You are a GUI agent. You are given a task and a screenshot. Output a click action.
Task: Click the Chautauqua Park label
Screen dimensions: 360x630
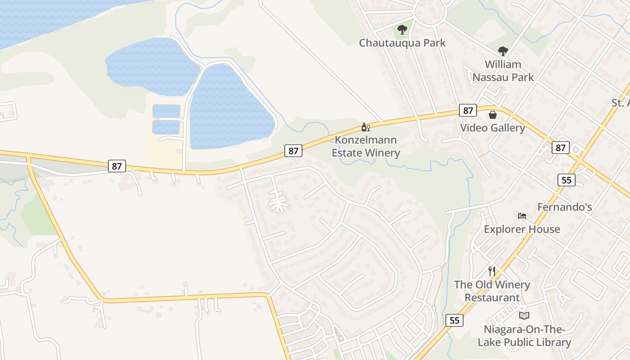pos(402,43)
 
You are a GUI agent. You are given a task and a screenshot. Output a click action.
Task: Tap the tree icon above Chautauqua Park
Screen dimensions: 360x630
pos(402,30)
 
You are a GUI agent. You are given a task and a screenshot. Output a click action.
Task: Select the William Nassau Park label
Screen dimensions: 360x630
pos(503,71)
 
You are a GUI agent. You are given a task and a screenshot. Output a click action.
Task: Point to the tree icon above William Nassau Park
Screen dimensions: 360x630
pos(503,51)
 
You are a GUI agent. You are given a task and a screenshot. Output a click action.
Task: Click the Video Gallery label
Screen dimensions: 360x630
pos(492,128)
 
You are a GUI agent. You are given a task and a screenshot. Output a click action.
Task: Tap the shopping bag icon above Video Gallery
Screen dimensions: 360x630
pos(493,115)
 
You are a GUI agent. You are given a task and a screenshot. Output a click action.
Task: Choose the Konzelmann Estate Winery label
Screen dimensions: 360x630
pos(366,146)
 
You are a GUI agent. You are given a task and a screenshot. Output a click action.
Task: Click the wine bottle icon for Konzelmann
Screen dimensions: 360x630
pos(365,127)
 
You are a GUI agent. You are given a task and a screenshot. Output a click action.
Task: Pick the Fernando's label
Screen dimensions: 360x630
pos(565,207)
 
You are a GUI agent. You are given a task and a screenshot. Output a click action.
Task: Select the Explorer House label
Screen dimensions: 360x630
pos(522,229)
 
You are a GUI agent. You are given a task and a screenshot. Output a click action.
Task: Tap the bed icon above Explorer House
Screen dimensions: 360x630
pos(522,216)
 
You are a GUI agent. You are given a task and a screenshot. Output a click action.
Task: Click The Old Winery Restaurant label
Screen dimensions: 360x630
pos(492,291)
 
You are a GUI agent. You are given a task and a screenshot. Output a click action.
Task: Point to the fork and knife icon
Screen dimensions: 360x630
pos(492,271)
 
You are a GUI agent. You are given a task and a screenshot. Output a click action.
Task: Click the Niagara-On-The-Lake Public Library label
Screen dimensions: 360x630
pos(524,336)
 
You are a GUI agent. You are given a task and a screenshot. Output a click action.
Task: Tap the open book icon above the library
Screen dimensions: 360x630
pos(524,315)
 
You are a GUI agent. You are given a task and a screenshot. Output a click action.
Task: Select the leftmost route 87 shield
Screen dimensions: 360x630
pos(117,166)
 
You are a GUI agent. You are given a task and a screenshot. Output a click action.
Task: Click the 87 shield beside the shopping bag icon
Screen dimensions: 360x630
pos(468,110)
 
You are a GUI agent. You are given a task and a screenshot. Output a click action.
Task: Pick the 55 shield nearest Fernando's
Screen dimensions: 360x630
pos(566,180)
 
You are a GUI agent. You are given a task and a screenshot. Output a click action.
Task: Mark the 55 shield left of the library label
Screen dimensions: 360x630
pos(454,320)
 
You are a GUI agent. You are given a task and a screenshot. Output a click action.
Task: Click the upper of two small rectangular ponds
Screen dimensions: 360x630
pos(166,111)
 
